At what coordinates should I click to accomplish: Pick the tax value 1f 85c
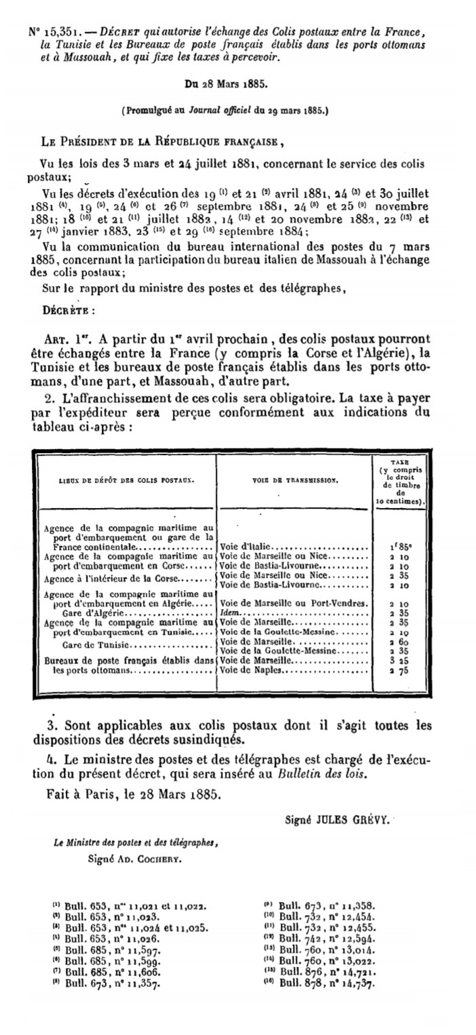point(401,545)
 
